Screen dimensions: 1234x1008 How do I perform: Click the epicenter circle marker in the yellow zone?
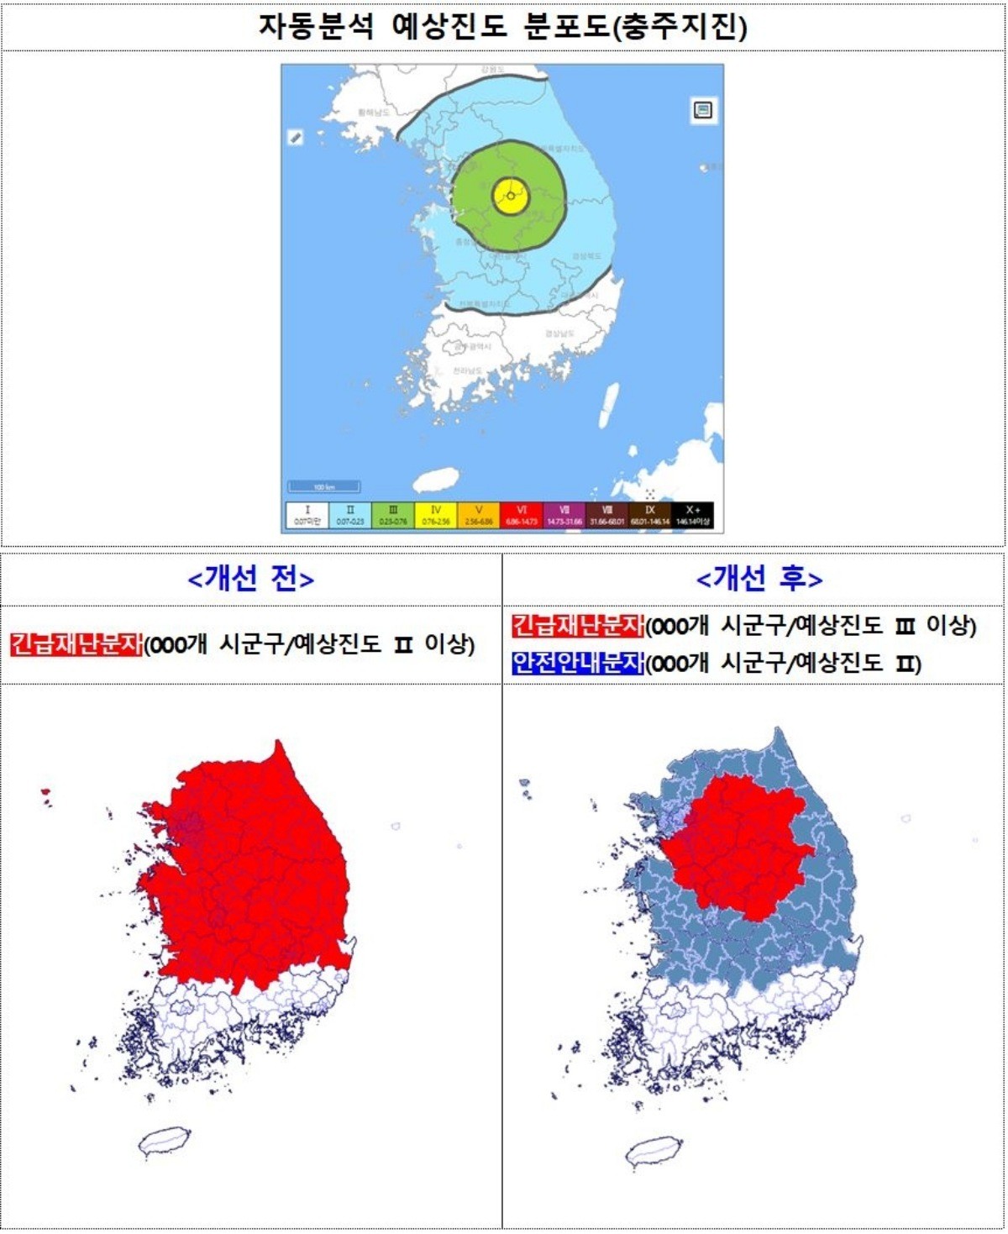[x=510, y=196]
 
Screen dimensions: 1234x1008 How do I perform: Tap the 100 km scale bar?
[x=324, y=486]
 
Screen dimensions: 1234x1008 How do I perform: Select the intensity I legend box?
[x=307, y=515]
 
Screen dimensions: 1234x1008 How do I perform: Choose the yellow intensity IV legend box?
[x=435, y=515]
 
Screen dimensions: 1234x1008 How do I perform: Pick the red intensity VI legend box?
[x=522, y=515]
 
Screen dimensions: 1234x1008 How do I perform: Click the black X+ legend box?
[x=692, y=515]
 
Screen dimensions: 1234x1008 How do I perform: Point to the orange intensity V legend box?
[x=479, y=515]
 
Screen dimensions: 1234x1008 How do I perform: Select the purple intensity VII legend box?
[x=564, y=515]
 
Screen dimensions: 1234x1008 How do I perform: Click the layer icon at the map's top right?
[x=703, y=110]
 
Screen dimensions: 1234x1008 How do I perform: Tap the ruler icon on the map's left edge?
[x=296, y=137]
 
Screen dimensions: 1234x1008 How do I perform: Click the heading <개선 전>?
[x=251, y=579]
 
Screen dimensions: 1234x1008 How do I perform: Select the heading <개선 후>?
[x=759, y=579]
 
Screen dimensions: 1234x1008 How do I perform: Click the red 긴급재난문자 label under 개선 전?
[x=76, y=644]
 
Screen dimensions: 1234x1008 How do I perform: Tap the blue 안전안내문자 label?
[x=578, y=664]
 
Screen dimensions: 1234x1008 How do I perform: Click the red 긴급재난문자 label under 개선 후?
[x=578, y=625]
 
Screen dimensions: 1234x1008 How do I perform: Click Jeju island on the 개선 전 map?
[x=165, y=1141]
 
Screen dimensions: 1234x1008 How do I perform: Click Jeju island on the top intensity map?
[x=435, y=480]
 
